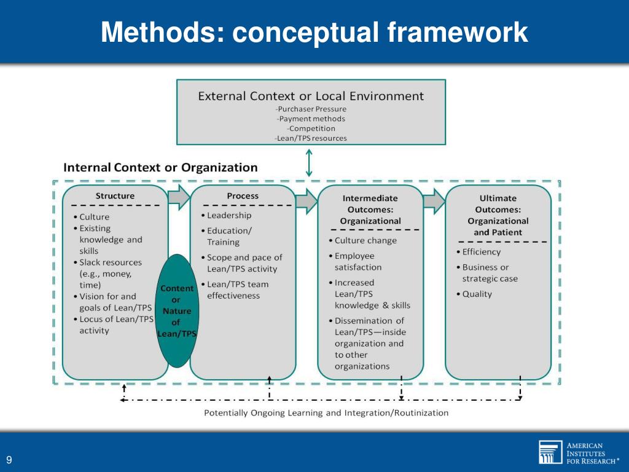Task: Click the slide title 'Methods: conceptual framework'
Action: [314, 32]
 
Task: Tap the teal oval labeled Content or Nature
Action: [176, 310]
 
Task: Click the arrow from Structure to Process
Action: [179, 195]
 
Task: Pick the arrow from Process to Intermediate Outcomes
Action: [306, 200]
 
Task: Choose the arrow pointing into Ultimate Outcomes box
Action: [434, 199]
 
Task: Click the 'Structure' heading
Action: [115, 196]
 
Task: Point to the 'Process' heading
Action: [243, 196]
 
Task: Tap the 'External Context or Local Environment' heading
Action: [310, 96]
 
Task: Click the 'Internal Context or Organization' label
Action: [161, 167]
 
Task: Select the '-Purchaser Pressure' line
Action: [310, 109]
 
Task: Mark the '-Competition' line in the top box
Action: [311, 128]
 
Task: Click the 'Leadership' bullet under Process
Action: [229, 215]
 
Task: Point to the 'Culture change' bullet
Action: [365, 240]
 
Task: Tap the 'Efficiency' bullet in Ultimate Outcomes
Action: [481, 251]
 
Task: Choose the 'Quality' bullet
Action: [477, 294]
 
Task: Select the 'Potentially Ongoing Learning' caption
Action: [326, 413]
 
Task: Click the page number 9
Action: [9, 460]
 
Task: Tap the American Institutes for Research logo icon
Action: [550, 452]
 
